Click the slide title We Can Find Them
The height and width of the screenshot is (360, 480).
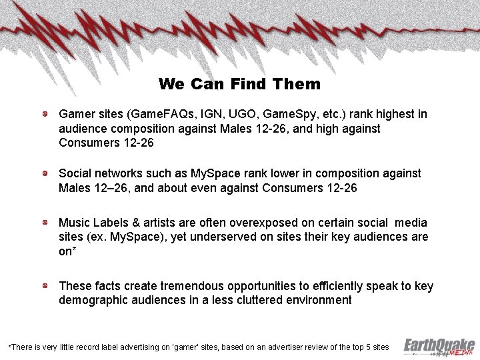[239, 85]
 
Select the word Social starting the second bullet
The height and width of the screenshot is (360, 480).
[75, 173]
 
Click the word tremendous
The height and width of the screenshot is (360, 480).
[185, 287]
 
